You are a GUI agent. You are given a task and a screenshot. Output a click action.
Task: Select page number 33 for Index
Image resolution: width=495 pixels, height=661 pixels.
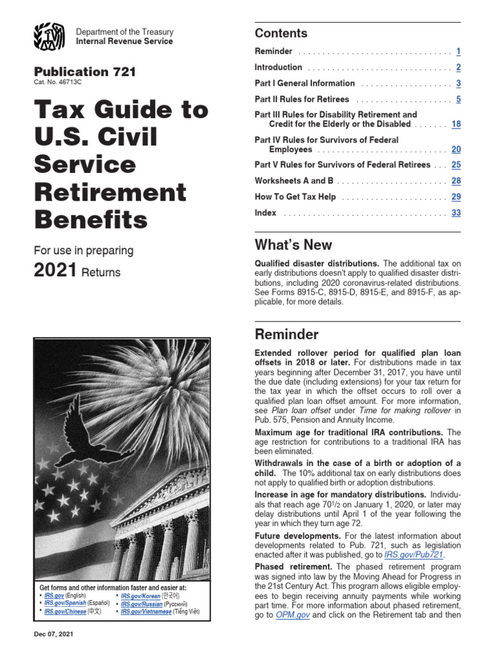click(x=456, y=213)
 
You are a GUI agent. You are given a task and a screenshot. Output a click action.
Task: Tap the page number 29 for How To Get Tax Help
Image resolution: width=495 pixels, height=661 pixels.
click(x=456, y=197)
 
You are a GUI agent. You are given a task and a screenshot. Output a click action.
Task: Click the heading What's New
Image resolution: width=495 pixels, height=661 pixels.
click(x=293, y=245)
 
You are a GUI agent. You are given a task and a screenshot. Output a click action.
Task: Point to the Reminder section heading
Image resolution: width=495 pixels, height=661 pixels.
click(x=286, y=334)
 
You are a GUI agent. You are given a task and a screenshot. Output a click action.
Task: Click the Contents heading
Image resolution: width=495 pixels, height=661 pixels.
click(x=281, y=34)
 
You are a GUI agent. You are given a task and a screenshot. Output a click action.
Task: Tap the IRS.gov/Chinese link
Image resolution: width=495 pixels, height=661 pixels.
click(x=64, y=611)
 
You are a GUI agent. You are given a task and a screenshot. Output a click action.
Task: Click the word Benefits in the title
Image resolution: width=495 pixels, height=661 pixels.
click(x=90, y=220)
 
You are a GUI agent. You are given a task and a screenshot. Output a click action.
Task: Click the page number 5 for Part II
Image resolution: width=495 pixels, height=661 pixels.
click(x=458, y=99)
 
